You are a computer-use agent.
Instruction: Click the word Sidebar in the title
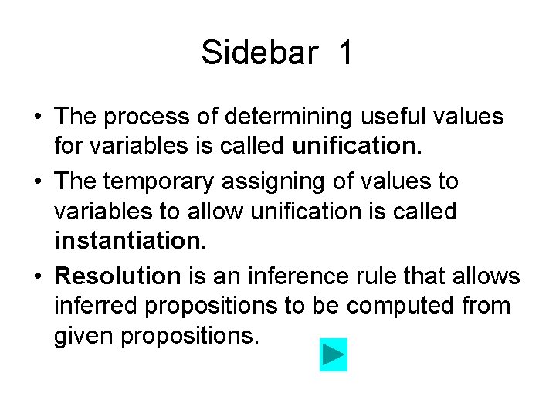click(259, 53)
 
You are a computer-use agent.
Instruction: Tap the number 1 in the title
click(345, 53)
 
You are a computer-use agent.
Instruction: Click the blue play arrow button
click(334, 354)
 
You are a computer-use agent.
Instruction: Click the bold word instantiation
click(131, 242)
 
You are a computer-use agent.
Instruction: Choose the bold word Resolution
click(118, 276)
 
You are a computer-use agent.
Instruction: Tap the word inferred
click(97, 307)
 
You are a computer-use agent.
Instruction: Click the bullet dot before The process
click(37, 118)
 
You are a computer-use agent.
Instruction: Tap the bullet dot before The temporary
click(37, 182)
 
